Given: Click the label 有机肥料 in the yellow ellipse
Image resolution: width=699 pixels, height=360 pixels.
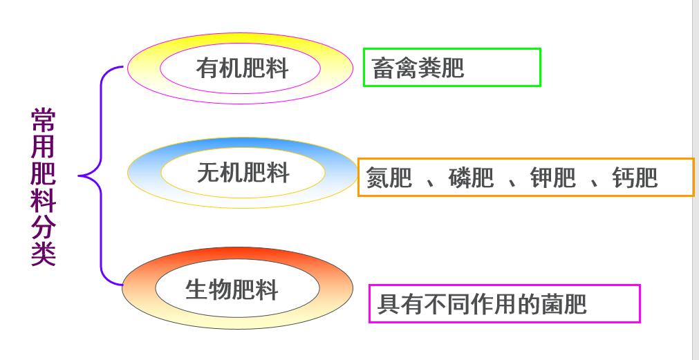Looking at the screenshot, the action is point(242,68).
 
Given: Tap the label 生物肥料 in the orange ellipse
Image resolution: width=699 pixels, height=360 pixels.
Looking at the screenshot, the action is point(232,289).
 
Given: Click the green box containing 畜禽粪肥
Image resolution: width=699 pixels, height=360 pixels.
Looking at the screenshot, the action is point(451,67).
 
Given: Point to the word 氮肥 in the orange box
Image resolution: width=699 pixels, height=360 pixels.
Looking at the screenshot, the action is point(389,178).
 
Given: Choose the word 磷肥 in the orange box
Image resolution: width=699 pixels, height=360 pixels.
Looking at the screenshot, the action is point(471,178).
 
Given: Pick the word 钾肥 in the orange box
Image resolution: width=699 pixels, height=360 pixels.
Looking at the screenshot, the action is point(552,178).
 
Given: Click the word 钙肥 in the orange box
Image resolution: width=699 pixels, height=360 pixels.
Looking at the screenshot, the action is point(635,178).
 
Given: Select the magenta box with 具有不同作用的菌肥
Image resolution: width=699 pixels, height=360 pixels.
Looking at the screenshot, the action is point(504,303).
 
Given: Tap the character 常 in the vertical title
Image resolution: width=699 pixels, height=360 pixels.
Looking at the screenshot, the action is point(43,120).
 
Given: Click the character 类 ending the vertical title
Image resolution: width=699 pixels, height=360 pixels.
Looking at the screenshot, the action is point(43,254).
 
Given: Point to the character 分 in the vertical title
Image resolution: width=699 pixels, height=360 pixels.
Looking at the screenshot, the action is point(43,228).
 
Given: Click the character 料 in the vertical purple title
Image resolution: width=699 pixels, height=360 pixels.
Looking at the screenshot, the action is point(43,200).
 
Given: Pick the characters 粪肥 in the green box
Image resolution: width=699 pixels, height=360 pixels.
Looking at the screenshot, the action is point(441,68).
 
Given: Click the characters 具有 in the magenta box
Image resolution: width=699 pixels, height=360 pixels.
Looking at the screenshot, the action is point(400,304).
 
